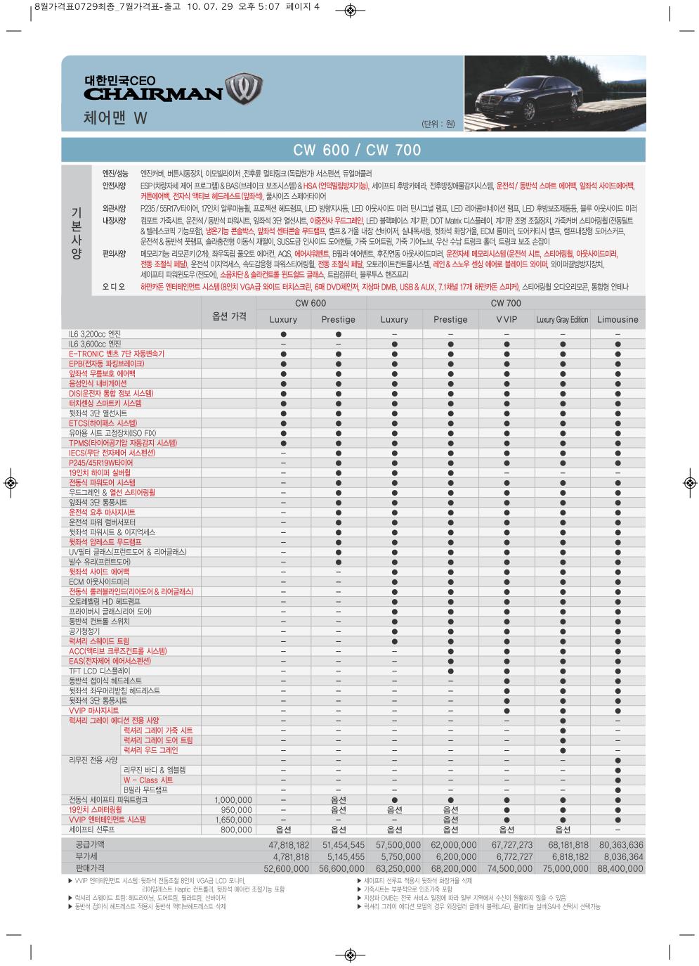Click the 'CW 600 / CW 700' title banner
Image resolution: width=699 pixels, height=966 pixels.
click(357, 150)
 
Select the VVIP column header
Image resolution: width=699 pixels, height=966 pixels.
click(506, 319)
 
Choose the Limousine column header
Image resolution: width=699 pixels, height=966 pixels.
click(618, 319)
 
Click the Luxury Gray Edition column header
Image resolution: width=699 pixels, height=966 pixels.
click(562, 319)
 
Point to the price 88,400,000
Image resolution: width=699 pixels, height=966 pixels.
click(620, 868)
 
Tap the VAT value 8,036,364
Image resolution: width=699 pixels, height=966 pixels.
click(620, 857)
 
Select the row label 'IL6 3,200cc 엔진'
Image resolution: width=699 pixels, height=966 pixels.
click(95, 334)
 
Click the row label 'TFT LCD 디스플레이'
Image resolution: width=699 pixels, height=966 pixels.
click(99, 671)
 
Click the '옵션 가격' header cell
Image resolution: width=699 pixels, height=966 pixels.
click(229, 316)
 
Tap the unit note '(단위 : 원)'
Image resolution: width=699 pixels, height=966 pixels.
click(438, 124)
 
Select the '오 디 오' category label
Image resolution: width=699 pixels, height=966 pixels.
click(112, 287)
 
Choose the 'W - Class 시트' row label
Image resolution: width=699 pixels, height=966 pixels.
click(148, 780)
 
